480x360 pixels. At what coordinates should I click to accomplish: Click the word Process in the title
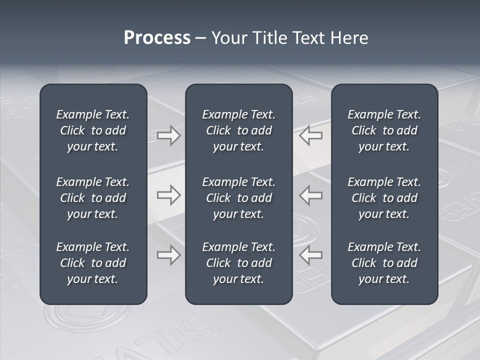tap(157, 38)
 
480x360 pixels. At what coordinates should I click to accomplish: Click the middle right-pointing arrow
tap(169, 195)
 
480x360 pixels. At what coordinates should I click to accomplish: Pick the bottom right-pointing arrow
tap(169, 255)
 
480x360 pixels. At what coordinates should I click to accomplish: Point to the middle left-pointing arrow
tap(311, 195)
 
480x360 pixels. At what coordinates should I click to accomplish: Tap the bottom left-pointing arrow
tap(311, 255)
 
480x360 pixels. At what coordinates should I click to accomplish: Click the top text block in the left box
tap(93, 130)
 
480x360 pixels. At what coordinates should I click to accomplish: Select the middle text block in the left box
tap(93, 198)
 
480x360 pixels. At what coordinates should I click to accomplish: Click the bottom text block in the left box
tap(93, 263)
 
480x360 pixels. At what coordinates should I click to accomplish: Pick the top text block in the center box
tap(238, 130)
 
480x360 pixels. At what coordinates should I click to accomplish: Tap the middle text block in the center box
tap(238, 198)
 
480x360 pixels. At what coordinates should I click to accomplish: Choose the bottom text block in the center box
tap(238, 263)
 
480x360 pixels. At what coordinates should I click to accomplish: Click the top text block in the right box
tap(384, 130)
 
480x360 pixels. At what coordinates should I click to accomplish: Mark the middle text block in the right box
tap(384, 198)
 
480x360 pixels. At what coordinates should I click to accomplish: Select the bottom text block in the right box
tap(384, 263)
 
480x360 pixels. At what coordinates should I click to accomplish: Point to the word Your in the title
tap(229, 38)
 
